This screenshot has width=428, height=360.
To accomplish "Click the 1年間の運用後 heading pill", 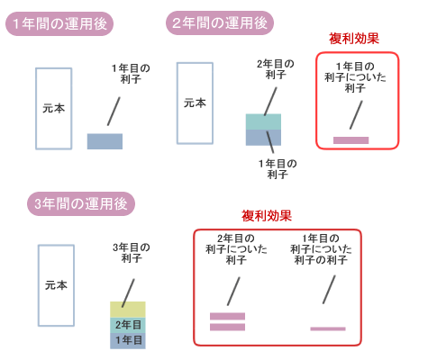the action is (59, 23).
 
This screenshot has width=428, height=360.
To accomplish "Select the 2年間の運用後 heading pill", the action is (220, 22).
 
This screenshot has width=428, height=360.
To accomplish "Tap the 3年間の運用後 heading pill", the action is (81, 203).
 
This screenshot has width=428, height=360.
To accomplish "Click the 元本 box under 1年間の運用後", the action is (54, 109).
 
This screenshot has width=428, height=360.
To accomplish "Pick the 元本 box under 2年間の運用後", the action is (195, 103).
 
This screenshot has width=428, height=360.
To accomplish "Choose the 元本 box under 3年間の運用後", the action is (56, 285).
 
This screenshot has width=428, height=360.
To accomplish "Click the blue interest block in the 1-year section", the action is (105, 141).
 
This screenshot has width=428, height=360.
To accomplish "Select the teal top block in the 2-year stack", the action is (263, 121).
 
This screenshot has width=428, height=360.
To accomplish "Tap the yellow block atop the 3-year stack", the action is (128, 310).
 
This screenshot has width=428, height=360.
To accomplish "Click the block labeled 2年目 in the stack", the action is (128, 325).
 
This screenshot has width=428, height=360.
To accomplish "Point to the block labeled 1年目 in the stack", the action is (128, 341).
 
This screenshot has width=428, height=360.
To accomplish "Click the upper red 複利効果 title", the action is (354, 39).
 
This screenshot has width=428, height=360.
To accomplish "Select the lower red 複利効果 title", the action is (267, 216).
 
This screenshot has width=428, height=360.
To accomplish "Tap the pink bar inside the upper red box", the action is (351, 140).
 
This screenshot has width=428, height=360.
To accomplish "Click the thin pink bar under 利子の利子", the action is (328, 328).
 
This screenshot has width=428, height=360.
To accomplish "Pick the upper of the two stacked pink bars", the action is (227, 316).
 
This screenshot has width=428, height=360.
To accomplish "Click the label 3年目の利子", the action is (132, 253).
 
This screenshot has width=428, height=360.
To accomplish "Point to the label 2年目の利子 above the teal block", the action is (276, 69).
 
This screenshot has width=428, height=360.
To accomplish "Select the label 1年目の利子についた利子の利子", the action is (321, 249).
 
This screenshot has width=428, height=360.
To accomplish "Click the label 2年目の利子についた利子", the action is (236, 249).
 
